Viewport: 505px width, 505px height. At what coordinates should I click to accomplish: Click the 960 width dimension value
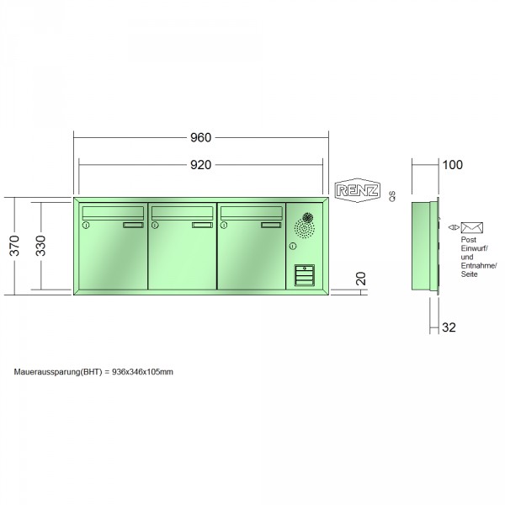coord(200,137)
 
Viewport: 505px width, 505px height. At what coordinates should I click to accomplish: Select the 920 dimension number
coord(200,165)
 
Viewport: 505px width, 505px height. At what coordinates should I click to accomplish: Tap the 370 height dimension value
coord(14,246)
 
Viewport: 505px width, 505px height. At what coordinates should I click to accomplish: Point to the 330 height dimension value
coord(40,246)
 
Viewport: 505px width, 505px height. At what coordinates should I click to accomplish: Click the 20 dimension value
coord(361,279)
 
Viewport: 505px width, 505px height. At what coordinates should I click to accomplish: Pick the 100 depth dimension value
coord(453,165)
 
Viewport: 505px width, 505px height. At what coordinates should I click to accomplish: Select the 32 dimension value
coord(449,327)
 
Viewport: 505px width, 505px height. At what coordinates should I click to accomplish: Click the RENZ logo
coord(358,190)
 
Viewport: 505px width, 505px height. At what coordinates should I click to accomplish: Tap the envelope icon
coord(472,228)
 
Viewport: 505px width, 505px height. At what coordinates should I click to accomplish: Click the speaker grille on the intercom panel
coord(305,226)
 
